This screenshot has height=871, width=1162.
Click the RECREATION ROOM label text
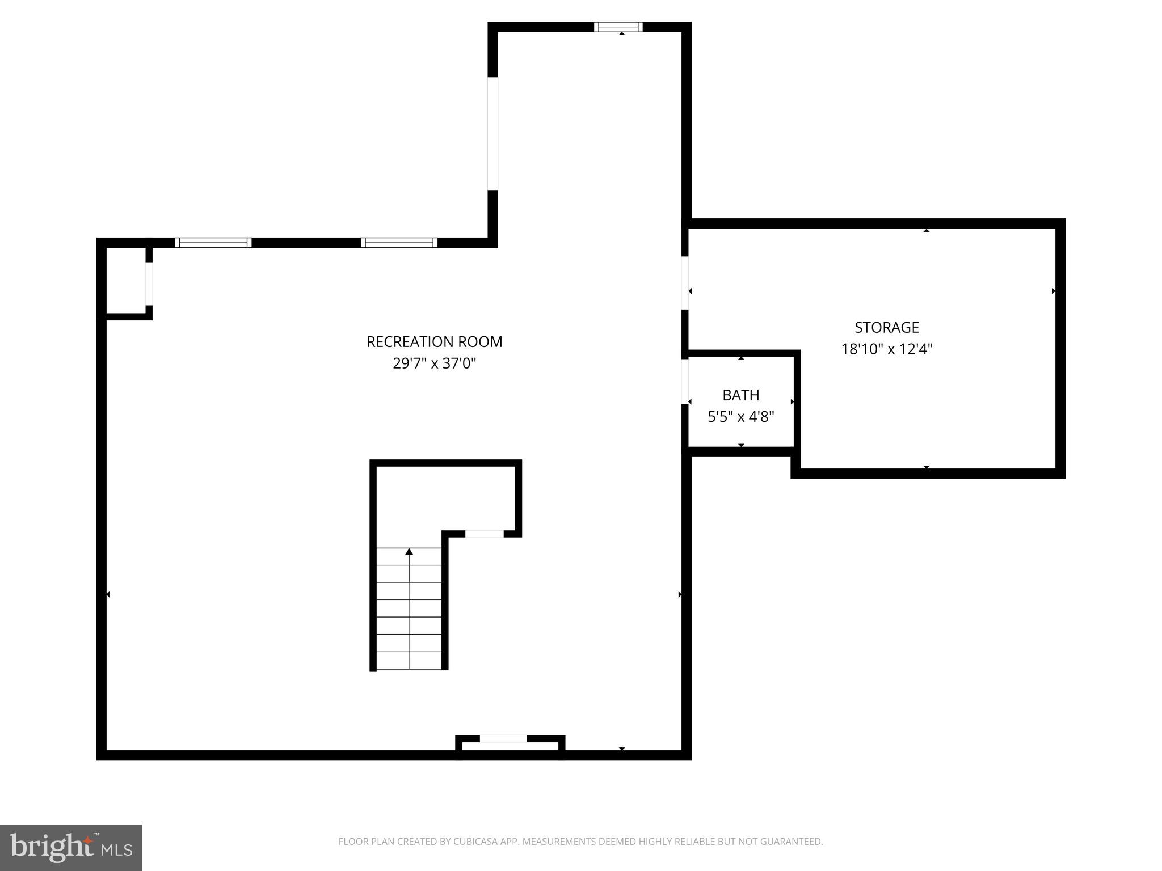[x=434, y=342]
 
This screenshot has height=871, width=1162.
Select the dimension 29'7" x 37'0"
[x=434, y=363]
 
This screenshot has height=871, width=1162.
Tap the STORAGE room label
[x=886, y=328]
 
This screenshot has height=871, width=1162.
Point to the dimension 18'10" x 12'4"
[x=886, y=349]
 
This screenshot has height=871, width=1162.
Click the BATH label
[x=740, y=395]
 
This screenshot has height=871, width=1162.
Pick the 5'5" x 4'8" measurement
[x=740, y=417]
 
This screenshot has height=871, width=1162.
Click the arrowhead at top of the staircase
[x=409, y=552]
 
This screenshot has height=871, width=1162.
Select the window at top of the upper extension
[x=618, y=27]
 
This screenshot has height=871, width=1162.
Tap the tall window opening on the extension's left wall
[x=492, y=133]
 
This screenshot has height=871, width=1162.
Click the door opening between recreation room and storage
[x=685, y=282]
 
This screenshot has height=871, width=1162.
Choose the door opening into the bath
[x=685, y=382]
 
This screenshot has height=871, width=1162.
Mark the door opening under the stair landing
[x=484, y=534]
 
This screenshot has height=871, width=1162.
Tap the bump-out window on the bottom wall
[x=503, y=738]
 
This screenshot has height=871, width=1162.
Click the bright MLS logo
[x=71, y=848]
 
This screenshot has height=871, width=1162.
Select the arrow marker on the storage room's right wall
[x=1054, y=291]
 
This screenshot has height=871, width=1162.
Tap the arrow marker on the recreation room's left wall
[x=108, y=594]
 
